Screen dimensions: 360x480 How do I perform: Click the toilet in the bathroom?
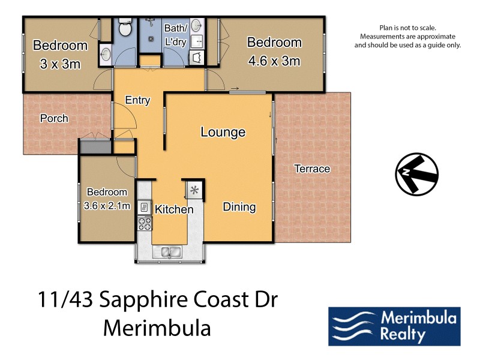125,28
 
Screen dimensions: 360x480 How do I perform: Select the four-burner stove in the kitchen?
145,223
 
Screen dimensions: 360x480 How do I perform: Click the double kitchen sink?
167,252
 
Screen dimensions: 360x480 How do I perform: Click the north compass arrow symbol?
416,174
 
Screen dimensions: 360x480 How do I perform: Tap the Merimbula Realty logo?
394,326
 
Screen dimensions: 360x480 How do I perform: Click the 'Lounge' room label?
223,132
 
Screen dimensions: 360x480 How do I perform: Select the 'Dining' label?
239,207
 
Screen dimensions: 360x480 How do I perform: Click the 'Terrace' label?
312,169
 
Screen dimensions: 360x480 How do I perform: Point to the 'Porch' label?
54,118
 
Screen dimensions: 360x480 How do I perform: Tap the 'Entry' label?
137,100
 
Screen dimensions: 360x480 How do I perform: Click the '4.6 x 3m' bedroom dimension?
274,61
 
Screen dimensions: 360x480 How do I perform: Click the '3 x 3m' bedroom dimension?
59,64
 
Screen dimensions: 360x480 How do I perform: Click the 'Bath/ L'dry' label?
176,34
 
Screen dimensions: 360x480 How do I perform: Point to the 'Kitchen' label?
174,209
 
